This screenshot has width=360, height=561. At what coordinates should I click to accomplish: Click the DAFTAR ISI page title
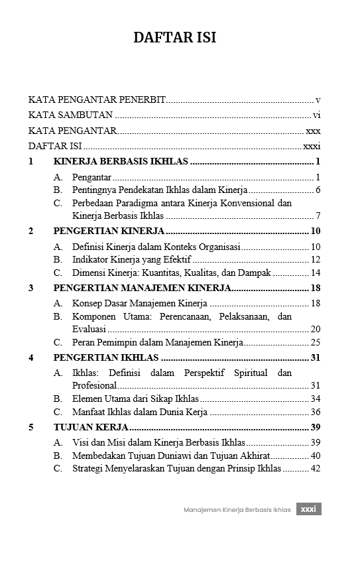175,38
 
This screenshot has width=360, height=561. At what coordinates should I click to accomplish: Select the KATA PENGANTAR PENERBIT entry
97,99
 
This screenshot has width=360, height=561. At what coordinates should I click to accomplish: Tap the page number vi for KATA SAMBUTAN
317,115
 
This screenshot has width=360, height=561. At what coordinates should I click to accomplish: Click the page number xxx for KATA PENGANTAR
314,131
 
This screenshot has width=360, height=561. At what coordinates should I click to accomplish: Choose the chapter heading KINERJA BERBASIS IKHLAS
121,161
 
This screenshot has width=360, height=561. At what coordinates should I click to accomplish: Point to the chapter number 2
31,231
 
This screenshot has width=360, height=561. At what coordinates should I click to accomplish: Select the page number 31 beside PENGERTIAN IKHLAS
316,357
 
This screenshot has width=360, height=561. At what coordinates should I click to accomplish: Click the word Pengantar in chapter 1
91,177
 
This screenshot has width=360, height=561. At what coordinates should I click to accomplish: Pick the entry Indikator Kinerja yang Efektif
131,259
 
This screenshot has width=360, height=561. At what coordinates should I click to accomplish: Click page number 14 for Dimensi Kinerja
316,273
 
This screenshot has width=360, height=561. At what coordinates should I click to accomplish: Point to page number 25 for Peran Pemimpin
316,342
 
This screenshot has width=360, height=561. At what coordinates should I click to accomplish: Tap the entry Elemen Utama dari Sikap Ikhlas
135,399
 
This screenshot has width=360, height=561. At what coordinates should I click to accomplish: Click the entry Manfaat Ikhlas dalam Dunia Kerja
139,412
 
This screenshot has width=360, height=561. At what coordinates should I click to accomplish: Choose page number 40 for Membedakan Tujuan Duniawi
316,455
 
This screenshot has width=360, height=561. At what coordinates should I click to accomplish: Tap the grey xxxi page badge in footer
308,509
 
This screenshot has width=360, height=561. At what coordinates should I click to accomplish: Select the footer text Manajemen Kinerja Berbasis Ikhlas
237,510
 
